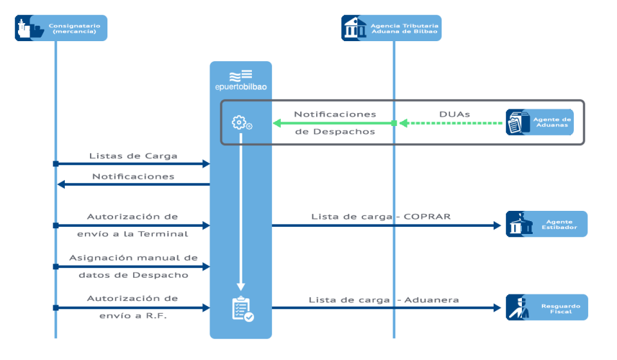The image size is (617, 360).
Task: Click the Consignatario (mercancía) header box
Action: [x=61, y=28]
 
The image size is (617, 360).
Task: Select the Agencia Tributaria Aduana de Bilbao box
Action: [x=391, y=28]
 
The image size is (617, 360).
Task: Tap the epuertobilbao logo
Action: [x=240, y=80]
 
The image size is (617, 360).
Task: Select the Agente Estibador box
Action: [x=546, y=224]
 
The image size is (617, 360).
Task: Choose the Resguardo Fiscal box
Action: [x=546, y=307]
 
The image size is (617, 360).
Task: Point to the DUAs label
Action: [x=454, y=114]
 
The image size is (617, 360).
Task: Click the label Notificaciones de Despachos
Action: [x=335, y=122]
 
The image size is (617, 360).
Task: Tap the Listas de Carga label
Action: [x=133, y=156]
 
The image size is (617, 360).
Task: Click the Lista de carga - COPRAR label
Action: [x=380, y=217]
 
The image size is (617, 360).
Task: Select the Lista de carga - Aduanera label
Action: [x=383, y=300]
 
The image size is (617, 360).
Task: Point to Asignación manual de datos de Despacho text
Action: [x=133, y=266]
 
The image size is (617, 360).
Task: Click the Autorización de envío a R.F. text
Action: [x=133, y=307]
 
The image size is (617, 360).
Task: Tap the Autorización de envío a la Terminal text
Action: [x=133, y=225]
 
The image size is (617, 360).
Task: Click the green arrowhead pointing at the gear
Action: [x=278, y=123]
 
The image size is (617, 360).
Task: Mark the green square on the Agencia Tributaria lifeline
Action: [x=394, y=123]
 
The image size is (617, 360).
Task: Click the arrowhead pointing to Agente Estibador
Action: [x=497, y=226]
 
